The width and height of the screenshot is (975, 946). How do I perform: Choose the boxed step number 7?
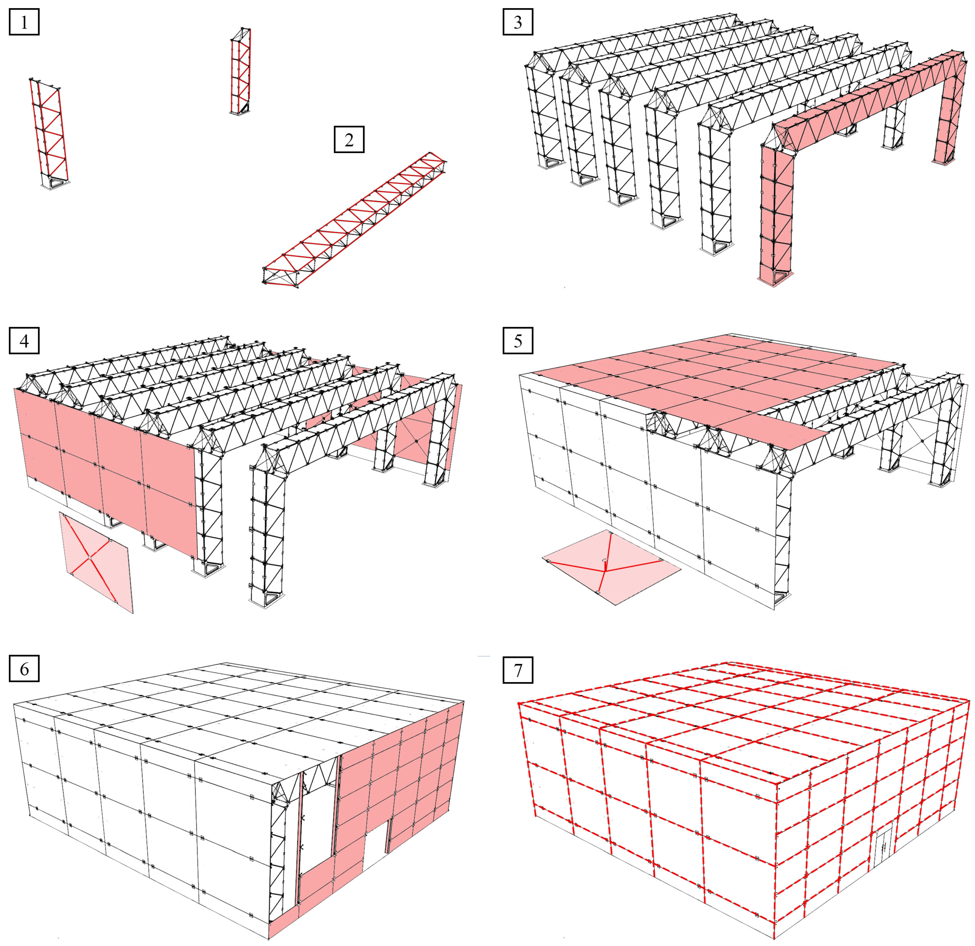[518, 670]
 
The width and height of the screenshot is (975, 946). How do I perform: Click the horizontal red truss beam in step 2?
[354, 219]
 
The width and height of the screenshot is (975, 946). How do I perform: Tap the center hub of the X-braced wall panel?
[90, 559]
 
